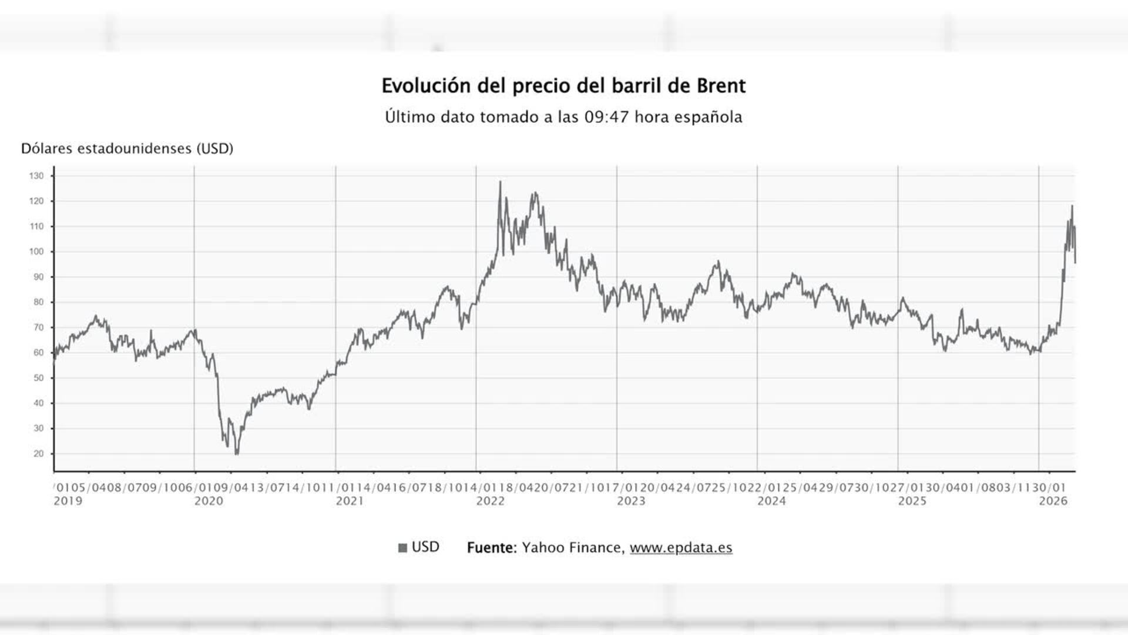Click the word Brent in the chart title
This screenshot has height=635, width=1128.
(721, 86)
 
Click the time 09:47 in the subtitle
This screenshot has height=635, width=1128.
(606, 117)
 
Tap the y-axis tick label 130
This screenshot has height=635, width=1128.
(36, 176)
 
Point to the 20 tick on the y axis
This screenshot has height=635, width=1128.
(39, 454)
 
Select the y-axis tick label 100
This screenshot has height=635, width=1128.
(36, 252)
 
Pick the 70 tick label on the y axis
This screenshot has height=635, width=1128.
(39, 327)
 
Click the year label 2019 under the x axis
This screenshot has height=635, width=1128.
(68, 501)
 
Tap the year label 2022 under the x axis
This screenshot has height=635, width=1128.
(491, 501)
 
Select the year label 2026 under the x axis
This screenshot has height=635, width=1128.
(1053, 501)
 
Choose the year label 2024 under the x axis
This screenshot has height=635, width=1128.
(771, 501)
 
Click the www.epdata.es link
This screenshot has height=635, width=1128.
(681, 547)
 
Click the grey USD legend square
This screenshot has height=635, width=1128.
(402, 548)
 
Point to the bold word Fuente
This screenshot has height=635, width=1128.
(491, 547)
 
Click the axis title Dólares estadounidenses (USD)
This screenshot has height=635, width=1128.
(127, 149)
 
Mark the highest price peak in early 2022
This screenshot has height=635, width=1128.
(500, 182)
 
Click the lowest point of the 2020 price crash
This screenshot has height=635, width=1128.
(236, 454)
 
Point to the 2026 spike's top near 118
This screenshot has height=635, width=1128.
(1072, 206)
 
